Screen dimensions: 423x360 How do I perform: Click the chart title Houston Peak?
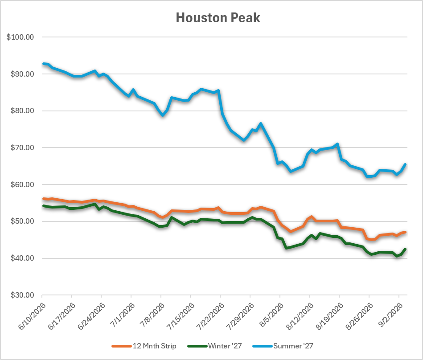218,18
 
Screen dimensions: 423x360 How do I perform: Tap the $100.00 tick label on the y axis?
20,37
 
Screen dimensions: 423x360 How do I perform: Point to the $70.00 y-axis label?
22,147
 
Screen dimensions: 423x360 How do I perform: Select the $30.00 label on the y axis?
22,295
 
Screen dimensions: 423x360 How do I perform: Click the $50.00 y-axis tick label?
22,221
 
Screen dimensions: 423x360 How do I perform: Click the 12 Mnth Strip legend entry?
144,346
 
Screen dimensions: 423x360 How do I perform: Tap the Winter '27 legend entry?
215,346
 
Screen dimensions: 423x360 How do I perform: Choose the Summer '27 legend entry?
283,346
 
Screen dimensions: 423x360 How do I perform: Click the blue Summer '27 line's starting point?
44,64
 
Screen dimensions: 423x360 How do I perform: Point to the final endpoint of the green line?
405,249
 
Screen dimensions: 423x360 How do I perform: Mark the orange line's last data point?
405,232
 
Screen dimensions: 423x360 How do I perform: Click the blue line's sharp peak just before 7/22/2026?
218,90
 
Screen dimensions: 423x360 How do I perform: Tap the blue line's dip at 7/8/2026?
163,115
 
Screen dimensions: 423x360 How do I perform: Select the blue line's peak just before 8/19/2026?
337,144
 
